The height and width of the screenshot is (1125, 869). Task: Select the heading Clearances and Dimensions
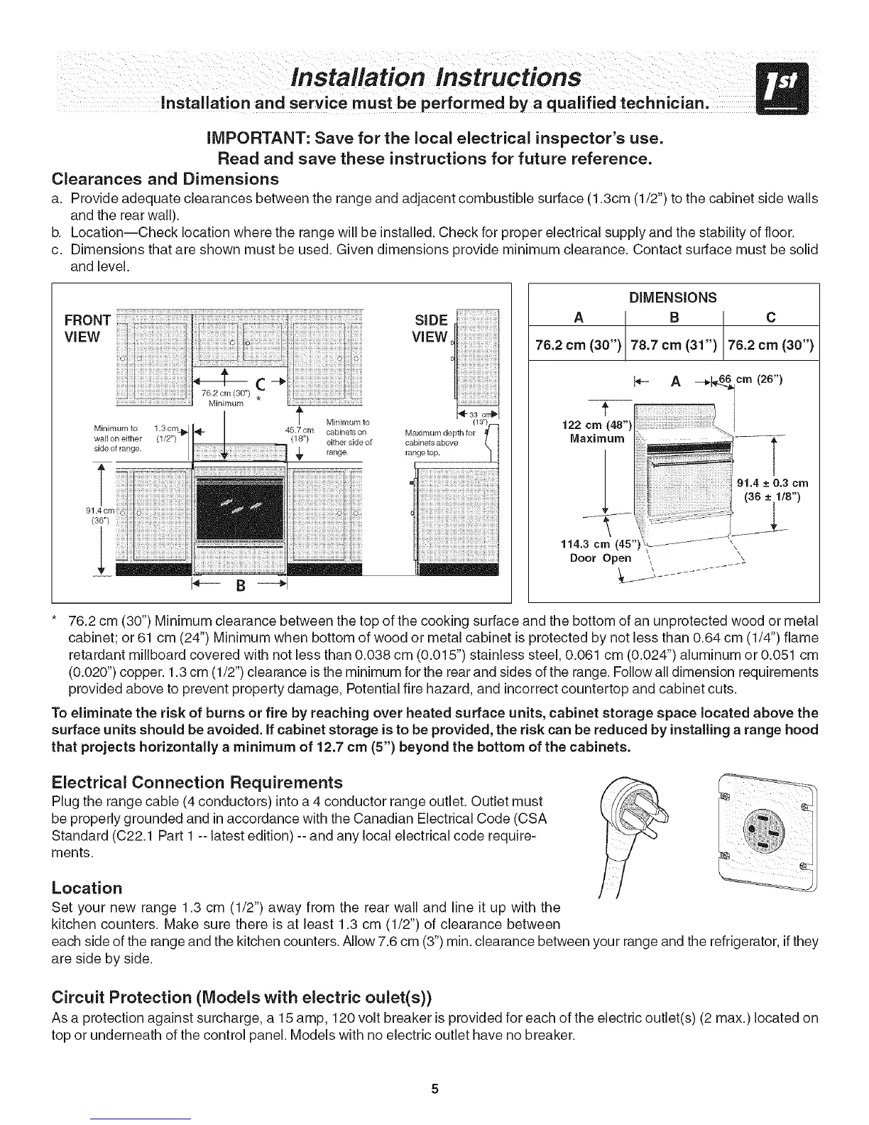(x=165, y=178)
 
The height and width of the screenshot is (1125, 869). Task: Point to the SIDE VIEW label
(x=430, y=327)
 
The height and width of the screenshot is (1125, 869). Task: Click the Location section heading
(x=87, y=888)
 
